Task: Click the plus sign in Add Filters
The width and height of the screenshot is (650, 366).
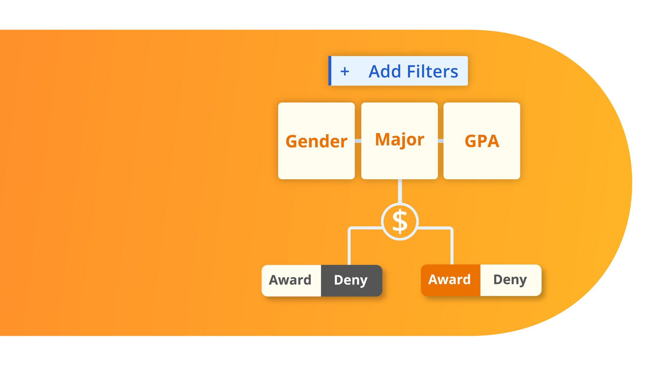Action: (345, 72)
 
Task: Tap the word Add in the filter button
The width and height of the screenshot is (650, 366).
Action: (385, 72)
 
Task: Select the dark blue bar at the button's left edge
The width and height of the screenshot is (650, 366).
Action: (330, 71)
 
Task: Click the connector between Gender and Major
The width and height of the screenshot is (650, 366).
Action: (358, 141)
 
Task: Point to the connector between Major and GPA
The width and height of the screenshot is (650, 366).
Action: (440, 141)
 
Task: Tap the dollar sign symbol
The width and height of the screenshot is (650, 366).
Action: (400, 222)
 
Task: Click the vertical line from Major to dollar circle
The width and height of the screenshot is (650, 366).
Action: (400, 191)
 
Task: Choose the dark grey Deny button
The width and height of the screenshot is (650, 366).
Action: (351, 280)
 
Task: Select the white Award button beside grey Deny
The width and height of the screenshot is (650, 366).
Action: (291, 280)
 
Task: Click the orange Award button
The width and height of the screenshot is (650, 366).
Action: (450, 280)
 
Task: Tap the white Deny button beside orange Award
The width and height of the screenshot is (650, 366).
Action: (510, 280)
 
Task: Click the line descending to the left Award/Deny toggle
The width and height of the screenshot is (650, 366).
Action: (349, 247)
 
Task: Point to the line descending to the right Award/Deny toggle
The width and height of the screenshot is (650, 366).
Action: (452, 247)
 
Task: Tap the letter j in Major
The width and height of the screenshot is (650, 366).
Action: (403, 141)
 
